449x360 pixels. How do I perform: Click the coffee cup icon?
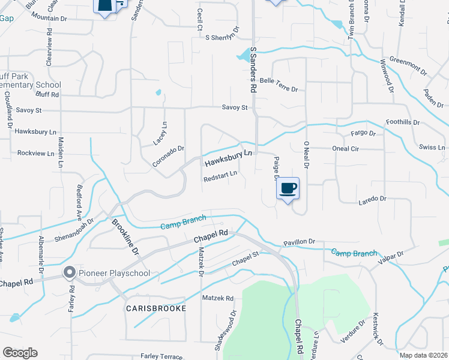pyautogui.click(x=288, y=188)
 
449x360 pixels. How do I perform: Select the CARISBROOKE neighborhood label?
pyautogui.click(x=155, y=308)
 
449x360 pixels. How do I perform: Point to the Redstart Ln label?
pyautogui.click(x=220, y=176)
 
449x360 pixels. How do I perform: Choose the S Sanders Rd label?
pyautogui.click(x=253, y=70)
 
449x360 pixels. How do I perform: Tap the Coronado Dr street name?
pyautogui.click(x=167, y=156)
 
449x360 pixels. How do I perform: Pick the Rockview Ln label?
pyautogui.click(x=36, y=153)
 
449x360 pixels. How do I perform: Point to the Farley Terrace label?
pyautogui.click(x=161, y=356)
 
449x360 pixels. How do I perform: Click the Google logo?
pyautogui.click(x=20, y=353)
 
